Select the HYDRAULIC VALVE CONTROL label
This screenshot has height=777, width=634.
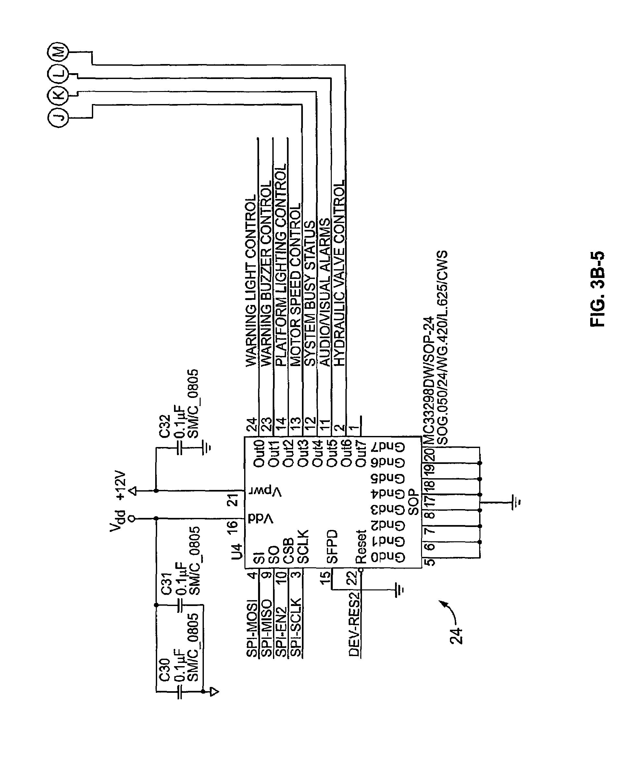(x=339, y=273)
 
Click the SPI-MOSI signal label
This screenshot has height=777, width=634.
(x=252, y=627)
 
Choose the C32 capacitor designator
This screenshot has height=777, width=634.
(x=165, y=426)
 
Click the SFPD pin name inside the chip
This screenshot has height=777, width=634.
(x=332, y=547)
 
